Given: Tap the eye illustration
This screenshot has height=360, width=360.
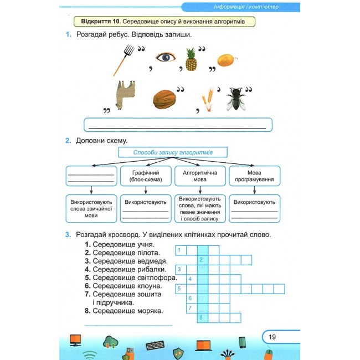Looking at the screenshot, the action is pos(166,57).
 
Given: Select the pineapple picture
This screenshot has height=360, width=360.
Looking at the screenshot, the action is pos(191,59).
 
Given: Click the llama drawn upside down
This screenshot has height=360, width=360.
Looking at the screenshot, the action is pos(125,95).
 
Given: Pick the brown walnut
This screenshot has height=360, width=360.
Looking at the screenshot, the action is pos(164,99).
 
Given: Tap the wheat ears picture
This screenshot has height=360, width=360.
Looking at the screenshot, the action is pos(208,99).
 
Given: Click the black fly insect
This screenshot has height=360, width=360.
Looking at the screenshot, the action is pos(236,99).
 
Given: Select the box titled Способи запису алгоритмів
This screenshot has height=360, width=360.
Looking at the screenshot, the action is pos(173,152).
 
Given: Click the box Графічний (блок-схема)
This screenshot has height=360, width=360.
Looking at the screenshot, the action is pos(146,176).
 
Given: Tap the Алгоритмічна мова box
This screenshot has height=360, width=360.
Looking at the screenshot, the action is pos(200,176).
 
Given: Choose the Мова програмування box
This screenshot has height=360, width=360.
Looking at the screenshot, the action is pos(254,176).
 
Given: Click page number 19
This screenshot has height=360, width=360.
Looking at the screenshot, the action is pos(272,337).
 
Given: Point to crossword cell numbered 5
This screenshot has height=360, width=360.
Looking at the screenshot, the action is pos(181,289).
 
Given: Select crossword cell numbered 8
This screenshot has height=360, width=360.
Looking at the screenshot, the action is pos(203,318).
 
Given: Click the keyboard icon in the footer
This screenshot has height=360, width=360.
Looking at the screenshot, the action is pos(155,345).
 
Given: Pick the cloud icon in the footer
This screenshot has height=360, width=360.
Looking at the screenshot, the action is pos(111,342).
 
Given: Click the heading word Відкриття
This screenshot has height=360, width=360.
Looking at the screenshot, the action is pos(96,22).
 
